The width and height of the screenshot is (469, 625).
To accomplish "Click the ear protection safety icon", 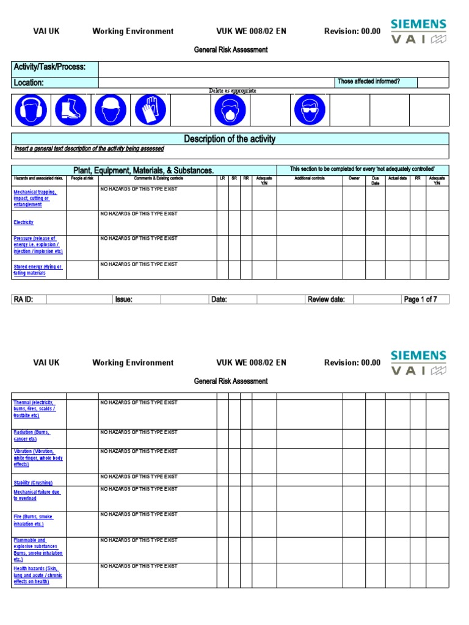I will tap(31, 110).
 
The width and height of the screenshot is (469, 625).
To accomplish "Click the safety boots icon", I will tap(71, 110).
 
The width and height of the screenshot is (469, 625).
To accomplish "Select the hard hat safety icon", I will tap(111, 110).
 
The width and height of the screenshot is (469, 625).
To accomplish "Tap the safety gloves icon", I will tap(150, 110).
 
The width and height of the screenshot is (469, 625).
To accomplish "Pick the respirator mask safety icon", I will tap(230, 110).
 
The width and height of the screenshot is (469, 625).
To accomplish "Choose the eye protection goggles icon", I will tap(310, 110).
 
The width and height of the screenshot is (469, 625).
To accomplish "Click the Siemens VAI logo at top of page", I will tap(418, 32).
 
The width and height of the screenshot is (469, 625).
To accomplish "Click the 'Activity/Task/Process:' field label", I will tap(49, 67).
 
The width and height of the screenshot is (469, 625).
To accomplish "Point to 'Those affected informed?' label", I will tap(369, 82).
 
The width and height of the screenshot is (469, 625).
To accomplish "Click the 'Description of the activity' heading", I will tap(230, 139).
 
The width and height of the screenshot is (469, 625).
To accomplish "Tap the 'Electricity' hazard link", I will tap(24, 223).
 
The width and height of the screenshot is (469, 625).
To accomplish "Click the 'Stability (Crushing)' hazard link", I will tap(33, 483).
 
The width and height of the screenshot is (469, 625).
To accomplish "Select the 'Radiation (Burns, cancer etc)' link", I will tap(32, 435).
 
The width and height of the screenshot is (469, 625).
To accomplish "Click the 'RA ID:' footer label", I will tap(24, 300).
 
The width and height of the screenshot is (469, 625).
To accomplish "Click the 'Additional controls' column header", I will tap(310, 179).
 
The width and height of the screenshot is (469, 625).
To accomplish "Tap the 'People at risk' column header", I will tap(82, 179).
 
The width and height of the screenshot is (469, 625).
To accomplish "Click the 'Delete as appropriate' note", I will tap(233, 91).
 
